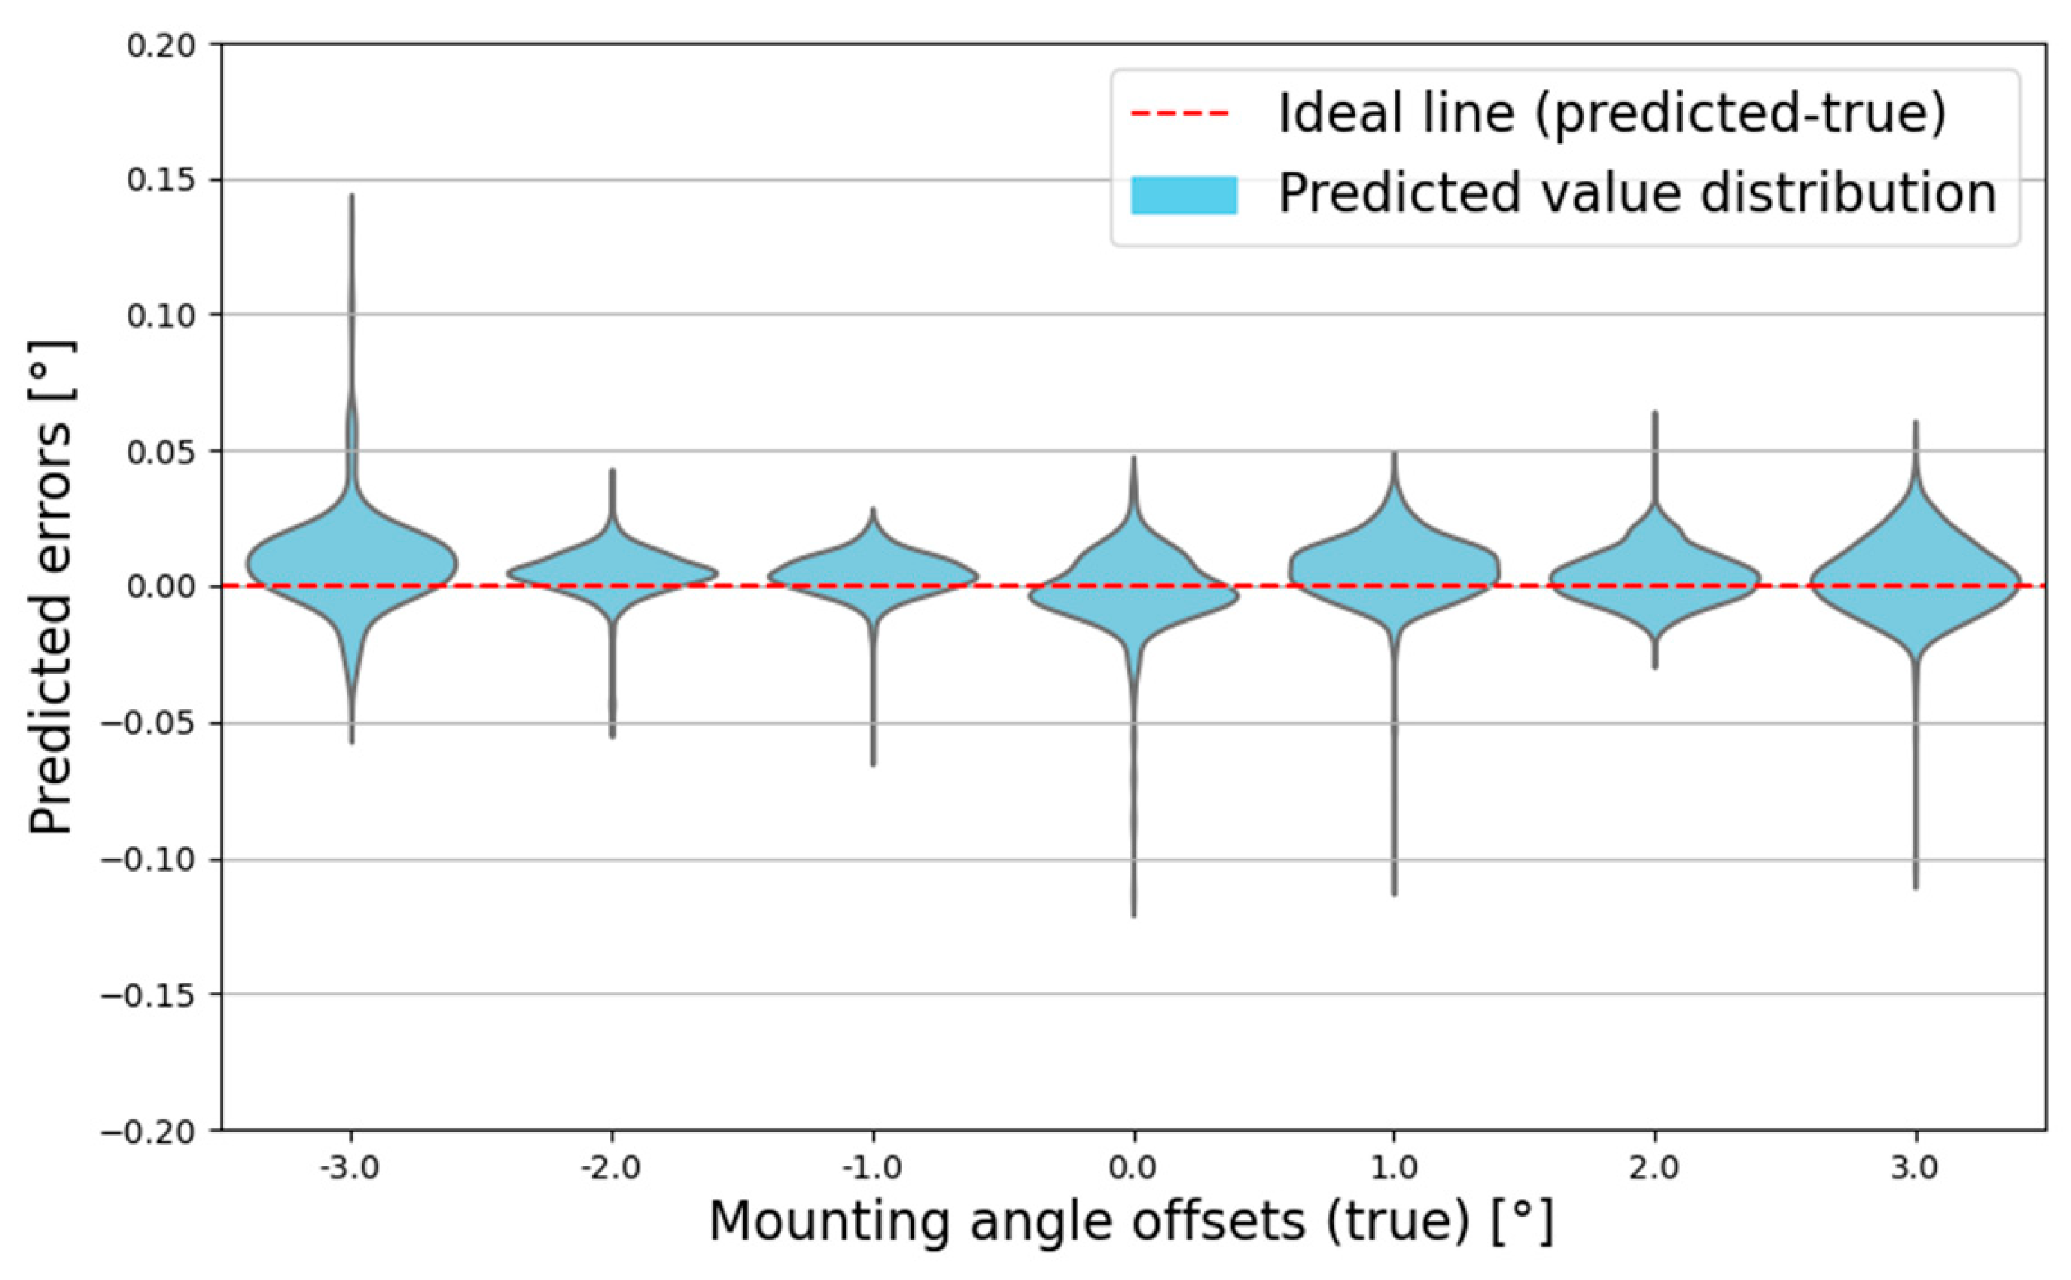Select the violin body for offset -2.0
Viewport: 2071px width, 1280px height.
pos(612,574)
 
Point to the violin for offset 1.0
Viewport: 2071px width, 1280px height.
pos(1395,571)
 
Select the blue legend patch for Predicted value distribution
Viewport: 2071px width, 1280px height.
pos(1183,195)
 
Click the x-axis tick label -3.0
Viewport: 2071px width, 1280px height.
pos(350,1169)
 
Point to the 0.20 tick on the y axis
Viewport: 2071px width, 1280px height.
pos(161,45)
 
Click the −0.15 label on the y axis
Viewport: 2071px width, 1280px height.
pos(149,995)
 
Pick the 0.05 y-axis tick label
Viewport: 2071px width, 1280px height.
pos(161,452)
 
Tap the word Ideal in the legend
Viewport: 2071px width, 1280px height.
pos(1332,114)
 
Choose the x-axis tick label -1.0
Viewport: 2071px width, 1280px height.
pos(872,1169)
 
